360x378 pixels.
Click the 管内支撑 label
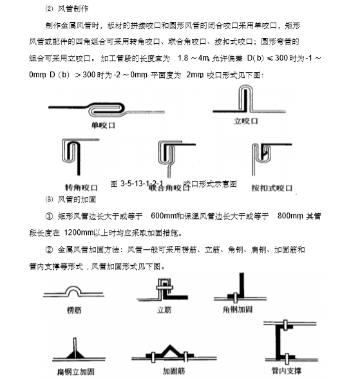[289, 371]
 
